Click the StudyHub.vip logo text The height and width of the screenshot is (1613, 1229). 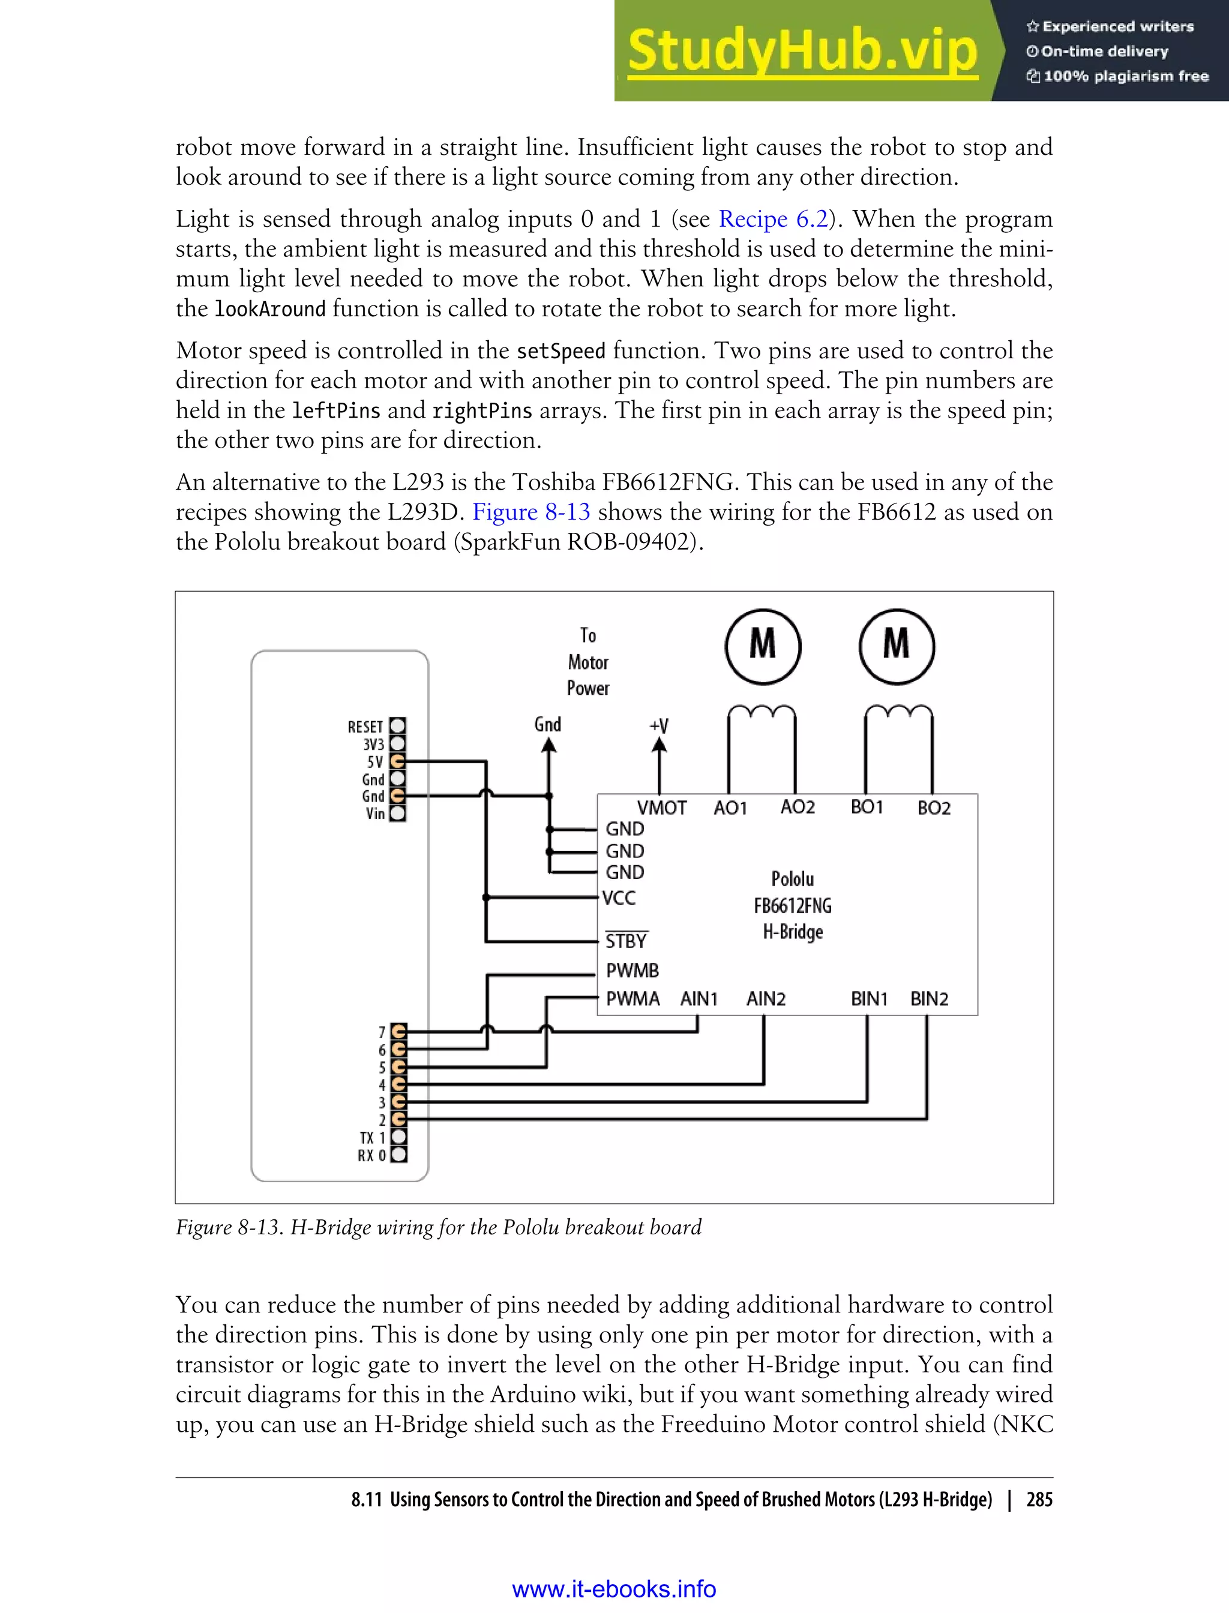point(802,51)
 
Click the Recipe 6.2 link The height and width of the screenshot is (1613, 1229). point(774,218)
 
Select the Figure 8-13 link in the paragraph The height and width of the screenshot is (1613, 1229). point(531,511)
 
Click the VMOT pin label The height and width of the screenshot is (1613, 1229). point(661,808)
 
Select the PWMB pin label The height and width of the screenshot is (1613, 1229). point(632,971)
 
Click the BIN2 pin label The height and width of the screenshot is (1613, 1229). point(928,999)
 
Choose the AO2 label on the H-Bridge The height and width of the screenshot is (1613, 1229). point(798,807)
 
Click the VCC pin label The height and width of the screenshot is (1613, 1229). point(619,898)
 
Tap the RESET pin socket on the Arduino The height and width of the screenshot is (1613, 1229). point(397,725)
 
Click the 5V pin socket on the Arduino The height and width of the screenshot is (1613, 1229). point(397,761)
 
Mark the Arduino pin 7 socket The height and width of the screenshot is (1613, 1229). point(398,1032)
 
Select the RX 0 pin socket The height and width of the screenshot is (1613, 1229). point(398,1155)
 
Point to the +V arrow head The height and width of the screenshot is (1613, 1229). point(659,745)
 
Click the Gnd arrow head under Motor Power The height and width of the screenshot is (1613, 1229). point(548,745)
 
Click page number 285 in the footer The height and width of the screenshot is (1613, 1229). point(1039,1500)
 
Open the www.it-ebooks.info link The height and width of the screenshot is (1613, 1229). point(614,1589)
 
